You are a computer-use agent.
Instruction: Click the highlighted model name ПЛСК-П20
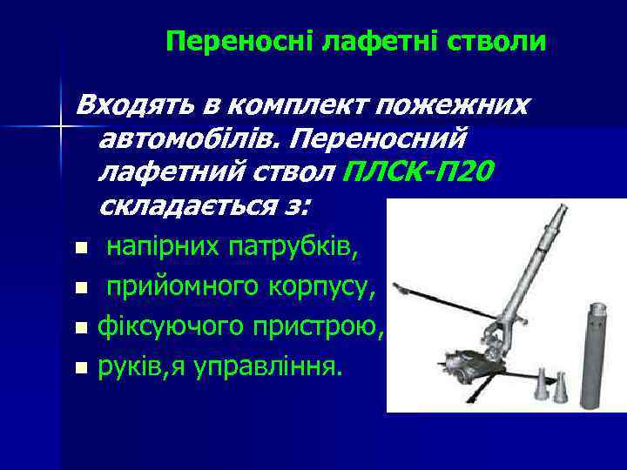pos(419,171)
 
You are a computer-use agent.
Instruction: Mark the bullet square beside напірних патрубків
pos(81,250)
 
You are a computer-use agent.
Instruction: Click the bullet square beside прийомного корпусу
pos(81,287)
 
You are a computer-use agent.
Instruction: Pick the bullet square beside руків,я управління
pos(81,368)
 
